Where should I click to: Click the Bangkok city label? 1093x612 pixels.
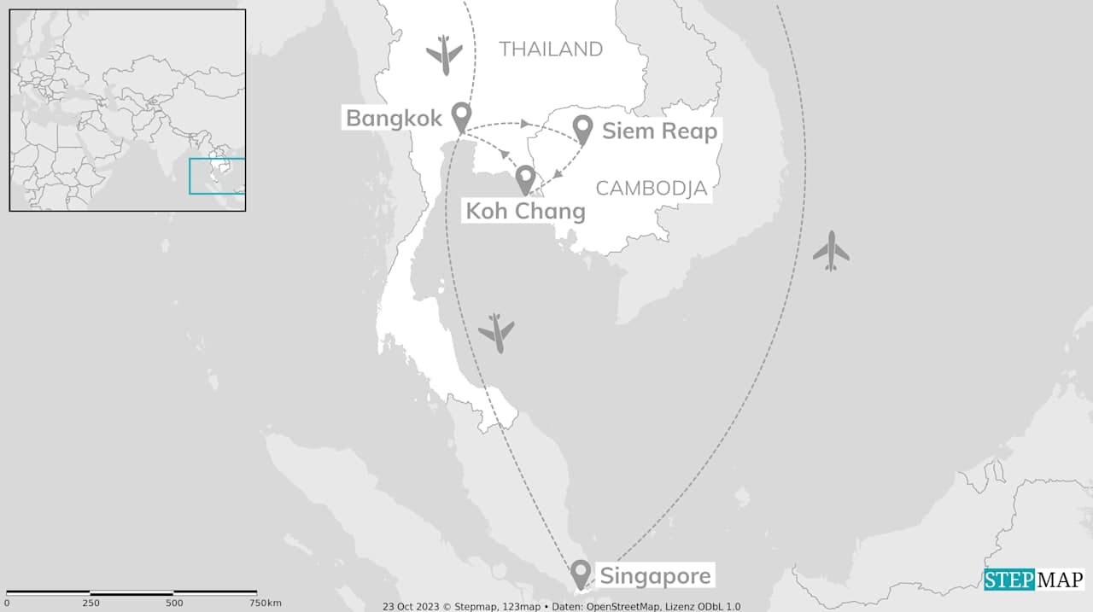[395, 119]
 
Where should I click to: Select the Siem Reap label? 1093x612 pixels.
[659, 131]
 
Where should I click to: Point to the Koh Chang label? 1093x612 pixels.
[525, 211]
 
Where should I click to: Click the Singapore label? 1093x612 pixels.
[655, 576]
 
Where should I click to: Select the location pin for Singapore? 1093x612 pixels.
[581, 574]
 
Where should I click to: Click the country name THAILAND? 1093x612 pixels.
[551, 50]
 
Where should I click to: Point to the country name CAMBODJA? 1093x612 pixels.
[652, 189]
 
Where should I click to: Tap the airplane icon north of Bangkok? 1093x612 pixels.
[444, 55]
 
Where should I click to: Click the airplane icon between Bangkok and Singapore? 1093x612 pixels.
[496, 333]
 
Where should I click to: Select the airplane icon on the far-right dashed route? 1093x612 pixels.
[831, 251]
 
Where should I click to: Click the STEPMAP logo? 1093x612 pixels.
[1033, 580]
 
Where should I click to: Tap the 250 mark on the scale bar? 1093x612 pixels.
[91, 603]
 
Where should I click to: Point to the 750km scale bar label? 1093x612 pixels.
[265, 603]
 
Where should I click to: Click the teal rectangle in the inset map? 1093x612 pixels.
[217, 176]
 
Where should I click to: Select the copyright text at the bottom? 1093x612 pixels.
[561, 606]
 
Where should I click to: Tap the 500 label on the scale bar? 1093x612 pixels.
[174, 603]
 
